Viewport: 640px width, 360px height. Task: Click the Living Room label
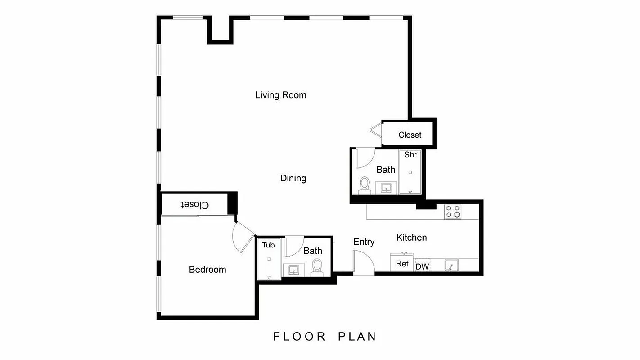[x=280, y=95]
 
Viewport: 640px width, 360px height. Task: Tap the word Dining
[x=293, y=178]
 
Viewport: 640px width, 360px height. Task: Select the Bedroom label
[x=207, y=270]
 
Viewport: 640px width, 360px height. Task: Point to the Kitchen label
[x=411, y=238]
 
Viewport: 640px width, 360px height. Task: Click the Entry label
[x=364, y=242]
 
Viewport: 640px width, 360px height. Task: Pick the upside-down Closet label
[x=195, y=205]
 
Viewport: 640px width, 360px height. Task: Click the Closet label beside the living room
[x=410, y=135]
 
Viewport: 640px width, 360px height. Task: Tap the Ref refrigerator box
[x=402, y=264]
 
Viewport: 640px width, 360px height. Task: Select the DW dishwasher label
[x=422, y=266]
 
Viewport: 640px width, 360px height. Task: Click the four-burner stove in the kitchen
[x=453, y=211]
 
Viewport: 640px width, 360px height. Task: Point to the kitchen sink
[x=451, y=265]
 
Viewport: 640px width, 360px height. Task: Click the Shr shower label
[x=410, y=155]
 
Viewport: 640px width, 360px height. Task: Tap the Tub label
[x=269, y=245]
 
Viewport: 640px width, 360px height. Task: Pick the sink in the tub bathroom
[x=294, y=270]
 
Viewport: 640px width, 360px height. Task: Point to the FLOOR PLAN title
[x=325, y=337]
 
